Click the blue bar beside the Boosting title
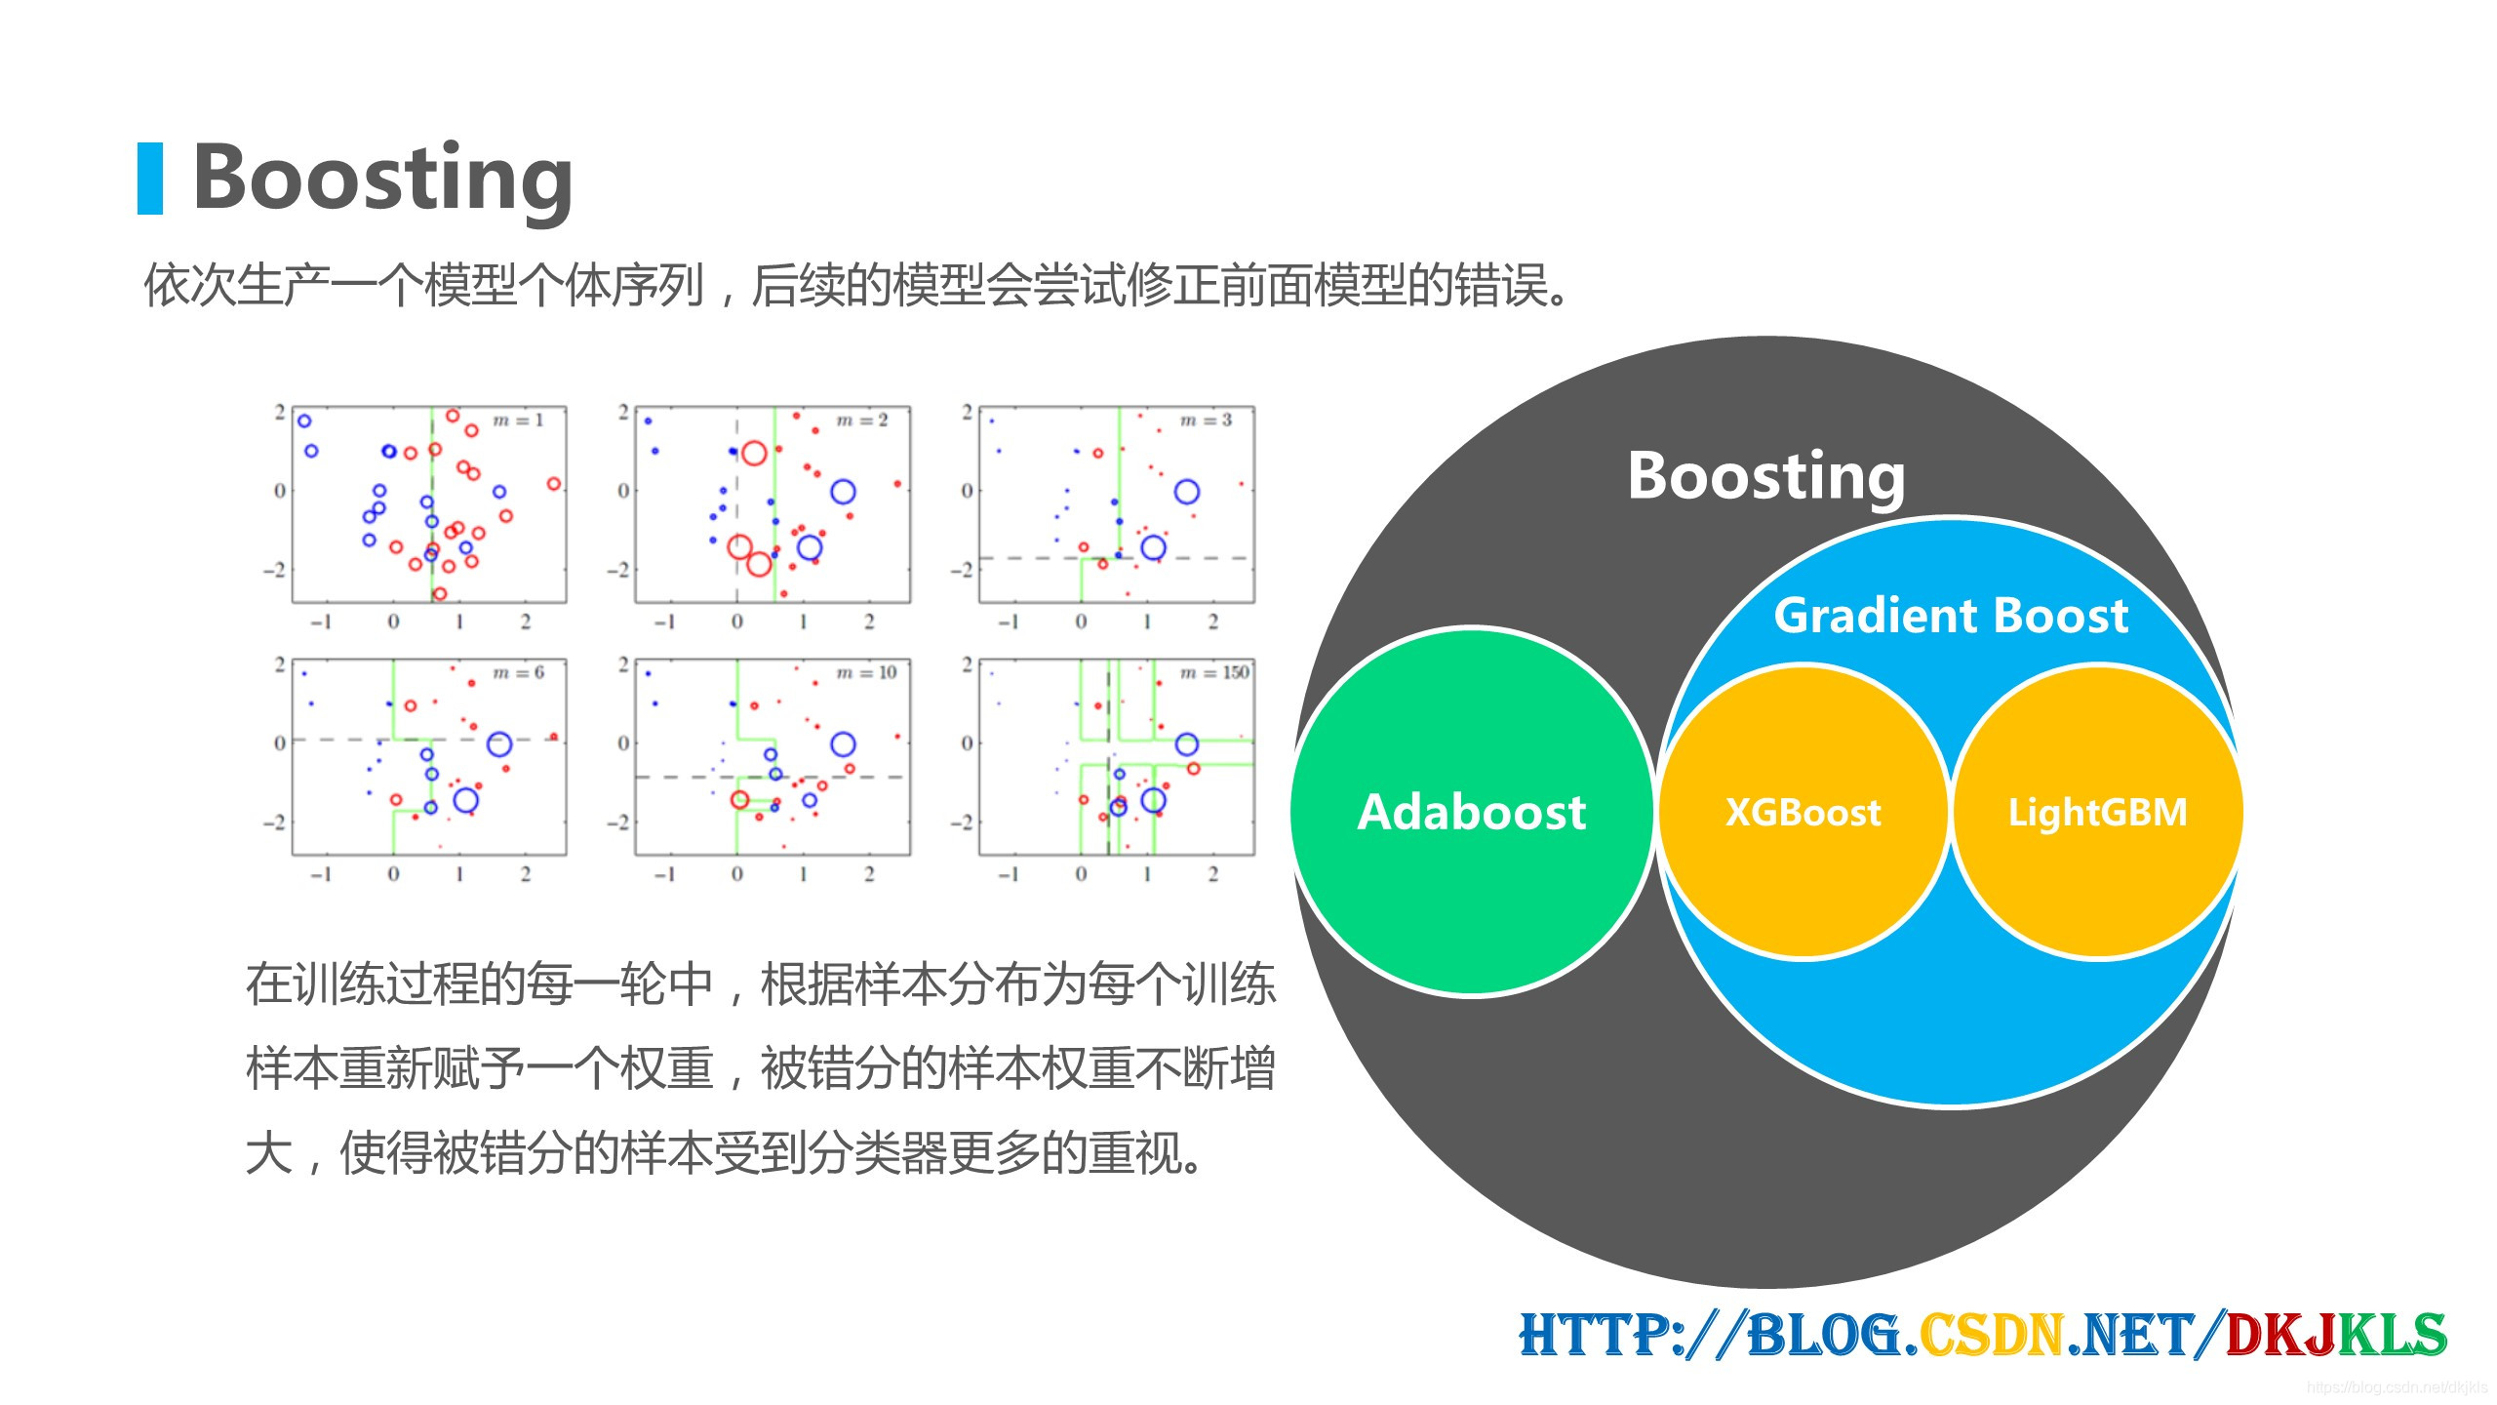(x=150, y=179)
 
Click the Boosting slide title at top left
(x=382, y=179)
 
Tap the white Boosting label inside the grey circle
(x=1765, y=476)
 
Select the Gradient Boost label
(x=1950, y=616)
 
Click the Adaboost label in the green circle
(x=1471, y=812)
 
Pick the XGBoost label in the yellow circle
(x=1803, y=812)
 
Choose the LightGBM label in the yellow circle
(x=2097, y=812)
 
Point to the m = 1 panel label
(x=518, y=421)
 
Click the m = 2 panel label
(x=862, y=421)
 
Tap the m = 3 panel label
(x=1206, y=421)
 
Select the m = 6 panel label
(x=518, y=672)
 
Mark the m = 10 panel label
(x=866, y=672)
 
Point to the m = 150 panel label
(x=1214, y=672)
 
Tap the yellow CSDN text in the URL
(x=1990, y=1335)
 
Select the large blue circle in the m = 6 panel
(x=499, y=745)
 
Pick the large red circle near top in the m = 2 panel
(x=753, y=453)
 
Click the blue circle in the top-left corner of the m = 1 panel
(x=304, y=421)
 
